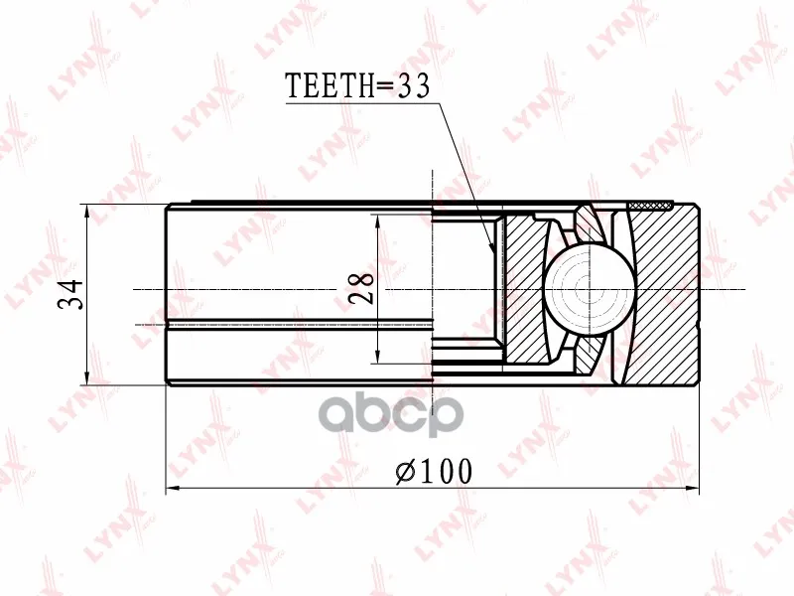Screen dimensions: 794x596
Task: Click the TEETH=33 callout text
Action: click(357, 85)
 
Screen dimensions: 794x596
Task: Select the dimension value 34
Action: click(70, 294)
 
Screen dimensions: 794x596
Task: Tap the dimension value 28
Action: click(362, 288)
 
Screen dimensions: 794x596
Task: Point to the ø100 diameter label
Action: click(434, 471)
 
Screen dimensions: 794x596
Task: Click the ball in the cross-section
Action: click(590, 290)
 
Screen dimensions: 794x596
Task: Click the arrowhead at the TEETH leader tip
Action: click(490, 246)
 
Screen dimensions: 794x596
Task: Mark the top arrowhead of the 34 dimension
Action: click(88, 212)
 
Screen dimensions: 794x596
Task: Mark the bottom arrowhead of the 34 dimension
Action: click(88, 377)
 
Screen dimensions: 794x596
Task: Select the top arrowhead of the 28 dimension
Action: click(377, 222)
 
